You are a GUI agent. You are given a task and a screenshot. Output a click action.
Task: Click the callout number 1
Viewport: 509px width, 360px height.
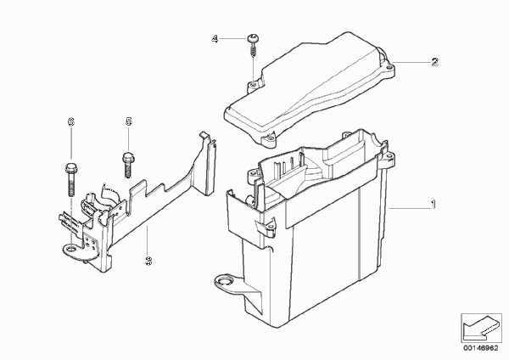[433, 205]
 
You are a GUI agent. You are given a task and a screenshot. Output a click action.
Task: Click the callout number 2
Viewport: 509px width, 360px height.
[435, 62]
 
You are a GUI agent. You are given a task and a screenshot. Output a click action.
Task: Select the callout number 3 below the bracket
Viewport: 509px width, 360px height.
[148, 261]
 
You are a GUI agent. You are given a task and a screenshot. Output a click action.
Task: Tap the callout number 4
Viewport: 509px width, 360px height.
[215, 39]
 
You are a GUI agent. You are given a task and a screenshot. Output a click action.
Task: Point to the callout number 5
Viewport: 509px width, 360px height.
[129, 121]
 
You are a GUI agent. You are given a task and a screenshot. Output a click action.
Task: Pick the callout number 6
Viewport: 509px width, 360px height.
[70, 121]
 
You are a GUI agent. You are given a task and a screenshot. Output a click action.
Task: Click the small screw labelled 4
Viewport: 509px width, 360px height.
[253, 45]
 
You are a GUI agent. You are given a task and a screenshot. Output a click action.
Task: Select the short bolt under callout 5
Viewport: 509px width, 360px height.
[127, 166]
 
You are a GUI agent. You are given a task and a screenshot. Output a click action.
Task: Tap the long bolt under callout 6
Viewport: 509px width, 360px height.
[70, 179]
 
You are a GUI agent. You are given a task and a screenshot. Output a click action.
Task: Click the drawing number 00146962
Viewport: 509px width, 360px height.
[480, 348]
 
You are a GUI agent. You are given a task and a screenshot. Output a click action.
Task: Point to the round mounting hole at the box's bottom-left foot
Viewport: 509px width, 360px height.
[225, 280]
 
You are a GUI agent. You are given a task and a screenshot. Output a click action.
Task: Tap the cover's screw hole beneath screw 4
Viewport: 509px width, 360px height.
[253, 85]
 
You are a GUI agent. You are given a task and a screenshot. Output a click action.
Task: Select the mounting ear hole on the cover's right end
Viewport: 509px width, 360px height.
[389, 68]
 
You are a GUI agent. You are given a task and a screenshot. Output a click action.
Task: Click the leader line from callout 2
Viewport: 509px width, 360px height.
[411, 62]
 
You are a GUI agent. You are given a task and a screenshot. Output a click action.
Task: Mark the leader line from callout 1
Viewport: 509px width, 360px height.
[409, 208]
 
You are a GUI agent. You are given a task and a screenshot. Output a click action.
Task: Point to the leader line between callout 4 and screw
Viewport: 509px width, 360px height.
[233, 39]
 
